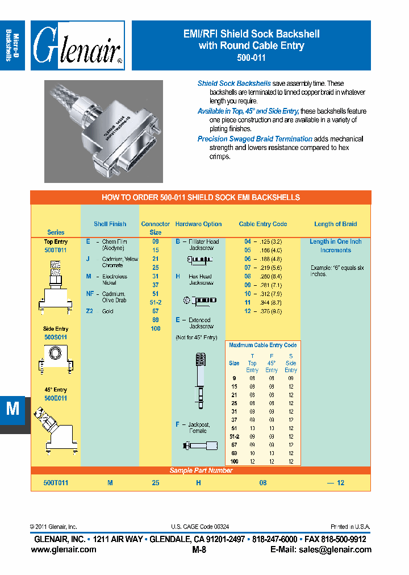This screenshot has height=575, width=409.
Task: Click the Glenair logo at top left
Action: (78, 45)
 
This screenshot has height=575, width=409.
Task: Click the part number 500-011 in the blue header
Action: (251, 58)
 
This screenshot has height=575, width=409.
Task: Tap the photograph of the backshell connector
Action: (103, 131)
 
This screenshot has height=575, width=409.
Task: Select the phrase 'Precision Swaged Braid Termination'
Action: (254, 139)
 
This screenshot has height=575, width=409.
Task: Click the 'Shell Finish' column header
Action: (110, 224)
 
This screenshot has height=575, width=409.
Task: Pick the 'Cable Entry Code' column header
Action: (262, 224)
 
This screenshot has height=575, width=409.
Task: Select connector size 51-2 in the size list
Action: (155, 302)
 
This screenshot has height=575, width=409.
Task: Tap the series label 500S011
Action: (56, 337)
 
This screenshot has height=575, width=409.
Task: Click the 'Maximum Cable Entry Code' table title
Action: (262, 345)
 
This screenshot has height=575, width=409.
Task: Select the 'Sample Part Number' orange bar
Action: (201, 470)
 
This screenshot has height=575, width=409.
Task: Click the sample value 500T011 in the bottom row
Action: (56, 482)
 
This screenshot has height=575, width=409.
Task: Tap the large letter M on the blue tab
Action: (12, 410)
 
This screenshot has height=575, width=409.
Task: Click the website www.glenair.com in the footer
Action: (64, 549)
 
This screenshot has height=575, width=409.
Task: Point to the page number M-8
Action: (200, 549)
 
